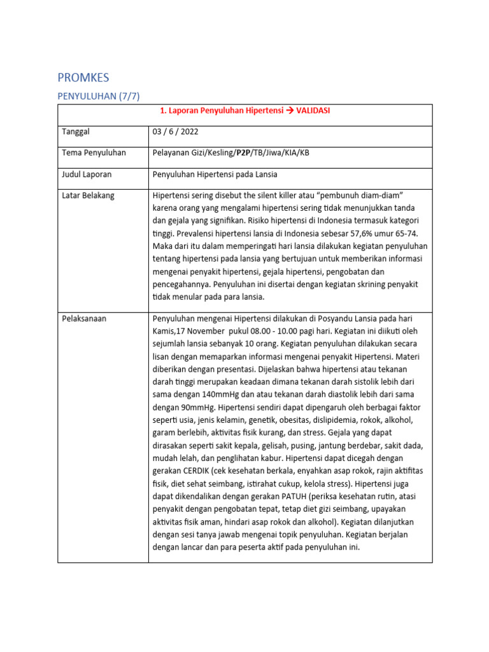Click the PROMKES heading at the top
pos(83,78)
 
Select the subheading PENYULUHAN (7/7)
pos(98,96)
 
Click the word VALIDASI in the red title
pos(313,111)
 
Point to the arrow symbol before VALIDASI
pos(289,111)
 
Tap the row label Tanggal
pos(76,132)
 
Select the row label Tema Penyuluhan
pos(94,153)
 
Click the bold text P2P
pos(243,153)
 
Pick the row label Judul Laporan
pos(89,174)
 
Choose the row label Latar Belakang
pos(89,195)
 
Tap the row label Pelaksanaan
pos(84,318)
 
